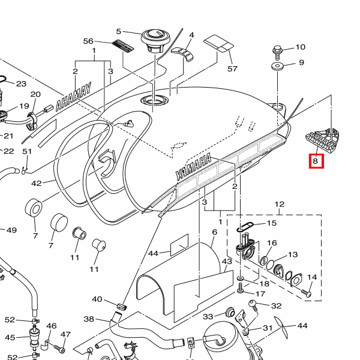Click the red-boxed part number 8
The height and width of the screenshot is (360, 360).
pos(316,161)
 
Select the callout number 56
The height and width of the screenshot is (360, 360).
pos(88,41)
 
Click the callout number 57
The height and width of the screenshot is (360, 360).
pos(232,69)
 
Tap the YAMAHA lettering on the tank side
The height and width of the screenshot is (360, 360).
pos(194,166)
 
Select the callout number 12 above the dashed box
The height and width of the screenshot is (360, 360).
pos(279,205)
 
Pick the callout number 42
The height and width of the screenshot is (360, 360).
pos(37,184)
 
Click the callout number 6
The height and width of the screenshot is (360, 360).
pos(214,232)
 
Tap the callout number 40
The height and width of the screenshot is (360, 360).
pos(97,299)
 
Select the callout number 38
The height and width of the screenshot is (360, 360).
pos(89,319)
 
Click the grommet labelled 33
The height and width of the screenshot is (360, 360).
pos(229,313)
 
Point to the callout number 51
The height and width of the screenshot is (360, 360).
pos(26,151)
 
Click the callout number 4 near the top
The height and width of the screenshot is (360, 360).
pos(191,35)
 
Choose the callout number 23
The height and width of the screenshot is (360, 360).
pos(21,84)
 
